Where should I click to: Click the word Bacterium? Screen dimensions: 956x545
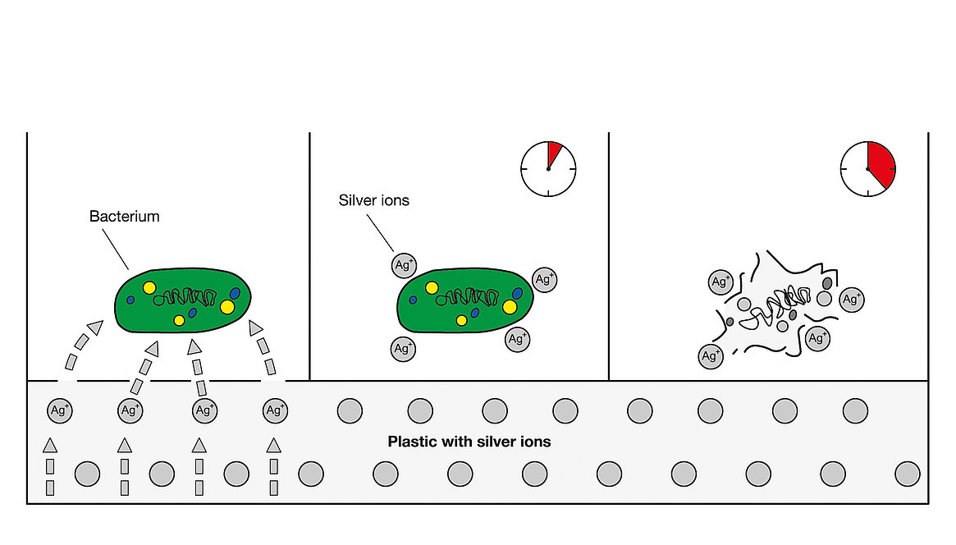[125, 217]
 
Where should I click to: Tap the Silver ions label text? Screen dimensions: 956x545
[373, 200]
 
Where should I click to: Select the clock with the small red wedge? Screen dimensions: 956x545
[548, 169]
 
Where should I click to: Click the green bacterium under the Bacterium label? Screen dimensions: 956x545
[182, 300]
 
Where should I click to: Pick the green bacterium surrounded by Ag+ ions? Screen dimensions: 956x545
[465, 300]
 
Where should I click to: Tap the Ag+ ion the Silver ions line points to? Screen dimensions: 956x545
[404, 265]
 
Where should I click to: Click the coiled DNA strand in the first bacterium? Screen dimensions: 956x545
[185, 297]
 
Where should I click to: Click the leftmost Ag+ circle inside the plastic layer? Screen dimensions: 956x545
[60, 410]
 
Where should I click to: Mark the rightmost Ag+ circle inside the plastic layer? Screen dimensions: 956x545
[275, 410]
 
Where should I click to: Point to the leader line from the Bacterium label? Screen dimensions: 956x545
[115, 249]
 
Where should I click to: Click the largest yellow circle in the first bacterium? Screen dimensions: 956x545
[227, 307]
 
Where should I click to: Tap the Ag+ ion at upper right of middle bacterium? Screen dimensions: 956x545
[544, 280]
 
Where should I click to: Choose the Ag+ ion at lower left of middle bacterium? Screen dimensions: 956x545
[403, 349]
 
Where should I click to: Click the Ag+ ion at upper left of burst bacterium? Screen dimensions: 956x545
[720, 282]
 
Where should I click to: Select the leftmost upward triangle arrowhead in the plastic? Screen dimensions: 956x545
[50, 445]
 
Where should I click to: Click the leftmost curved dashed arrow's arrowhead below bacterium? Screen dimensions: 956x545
[95, 327]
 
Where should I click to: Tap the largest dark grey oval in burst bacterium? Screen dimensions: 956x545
[827, 283]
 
